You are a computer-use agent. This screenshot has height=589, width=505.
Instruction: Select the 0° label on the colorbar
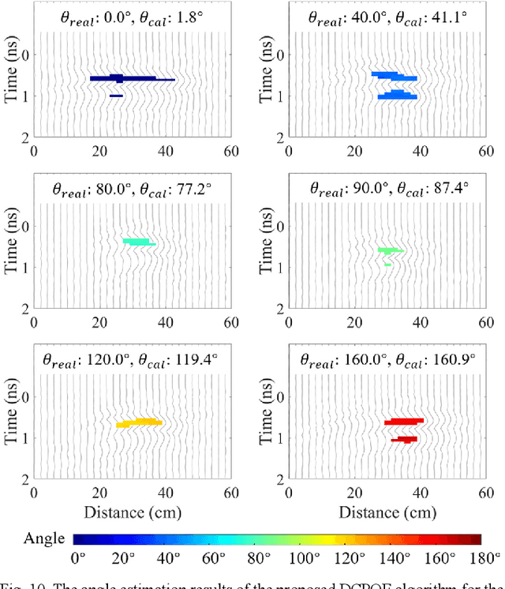click(x=78, y=559)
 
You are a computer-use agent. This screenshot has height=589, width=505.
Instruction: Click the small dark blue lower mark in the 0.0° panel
click(x=116, y=96)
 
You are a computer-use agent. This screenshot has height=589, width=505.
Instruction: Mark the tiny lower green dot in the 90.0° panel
click(x=387, y=264)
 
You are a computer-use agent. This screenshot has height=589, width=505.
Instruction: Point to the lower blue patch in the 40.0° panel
click(x=397, y=95)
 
